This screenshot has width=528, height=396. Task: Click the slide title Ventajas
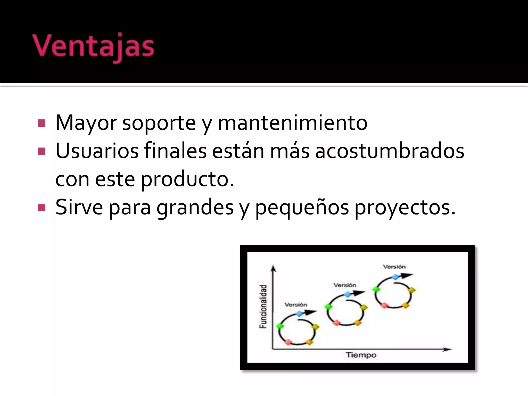click(93, 46)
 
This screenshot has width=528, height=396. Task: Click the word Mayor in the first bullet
click(86, 123)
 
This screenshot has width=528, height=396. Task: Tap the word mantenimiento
click(293, 123)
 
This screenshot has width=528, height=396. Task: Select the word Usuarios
click(97, 151)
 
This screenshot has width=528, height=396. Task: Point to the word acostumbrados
click(390, 151)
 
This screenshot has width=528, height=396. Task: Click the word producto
click(187, 179)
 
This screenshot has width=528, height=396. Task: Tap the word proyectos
click(405, 208)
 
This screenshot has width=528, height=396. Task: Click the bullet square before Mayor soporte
click(42, 123)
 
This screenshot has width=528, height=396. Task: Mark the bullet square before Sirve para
click(42, 208)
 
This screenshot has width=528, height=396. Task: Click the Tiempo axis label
click(361, 355)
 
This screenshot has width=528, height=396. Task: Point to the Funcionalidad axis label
click(263, 307)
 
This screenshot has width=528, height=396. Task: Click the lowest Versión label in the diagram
click(296, 305)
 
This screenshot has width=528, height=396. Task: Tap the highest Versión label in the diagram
click(394, 267)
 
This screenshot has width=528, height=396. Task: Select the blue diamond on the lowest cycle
click(299, 313)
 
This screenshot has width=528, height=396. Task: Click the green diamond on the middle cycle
click(328, 307)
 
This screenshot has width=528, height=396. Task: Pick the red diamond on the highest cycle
click(384, 306)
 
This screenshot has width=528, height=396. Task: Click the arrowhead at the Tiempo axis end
click(447, 349)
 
